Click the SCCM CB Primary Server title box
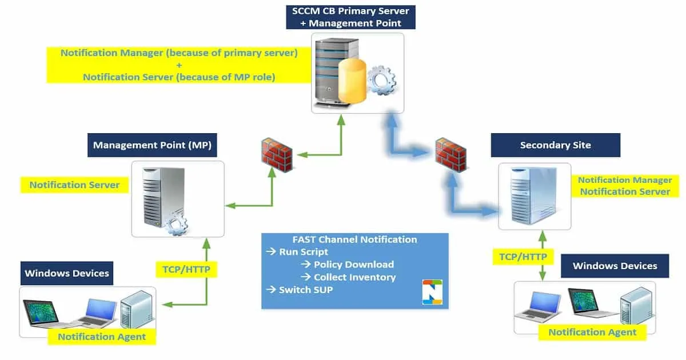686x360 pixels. point(350,17)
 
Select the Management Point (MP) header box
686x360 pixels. point(152,145)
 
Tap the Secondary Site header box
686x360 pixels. point(555,145)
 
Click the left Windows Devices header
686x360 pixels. point(67,273)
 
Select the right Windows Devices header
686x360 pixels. point(615,266)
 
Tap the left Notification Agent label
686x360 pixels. point(102,337)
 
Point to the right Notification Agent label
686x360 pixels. point(592,332)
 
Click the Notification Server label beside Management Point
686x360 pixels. point(74,185)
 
